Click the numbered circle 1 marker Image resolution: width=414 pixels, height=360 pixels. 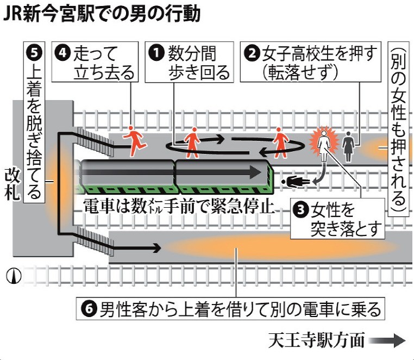pyautogui.click(x=157, y=52)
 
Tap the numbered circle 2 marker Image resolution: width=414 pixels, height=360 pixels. pyautogui.click(x=253, y=53)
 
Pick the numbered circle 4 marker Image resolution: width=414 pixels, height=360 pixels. pyautogui.click(x=62, y=52)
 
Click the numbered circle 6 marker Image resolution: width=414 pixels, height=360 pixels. pyautogui.click(x=90, y=308)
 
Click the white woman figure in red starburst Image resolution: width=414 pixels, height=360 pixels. pyautogui.click(x=324, y=144)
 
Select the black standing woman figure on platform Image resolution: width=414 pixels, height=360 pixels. pyautogui.click(x=348, y=146)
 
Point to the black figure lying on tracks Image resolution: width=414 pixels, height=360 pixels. pyautogui.click(x=295, y=182)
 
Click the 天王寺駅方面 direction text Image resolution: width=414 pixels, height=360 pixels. pyautogui.click(x=317, y=340)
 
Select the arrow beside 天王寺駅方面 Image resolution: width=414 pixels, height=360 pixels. pyautogui.click(x=387, y=340)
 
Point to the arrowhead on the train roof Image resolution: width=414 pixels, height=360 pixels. pyautogui.click(x=255, y=172)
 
